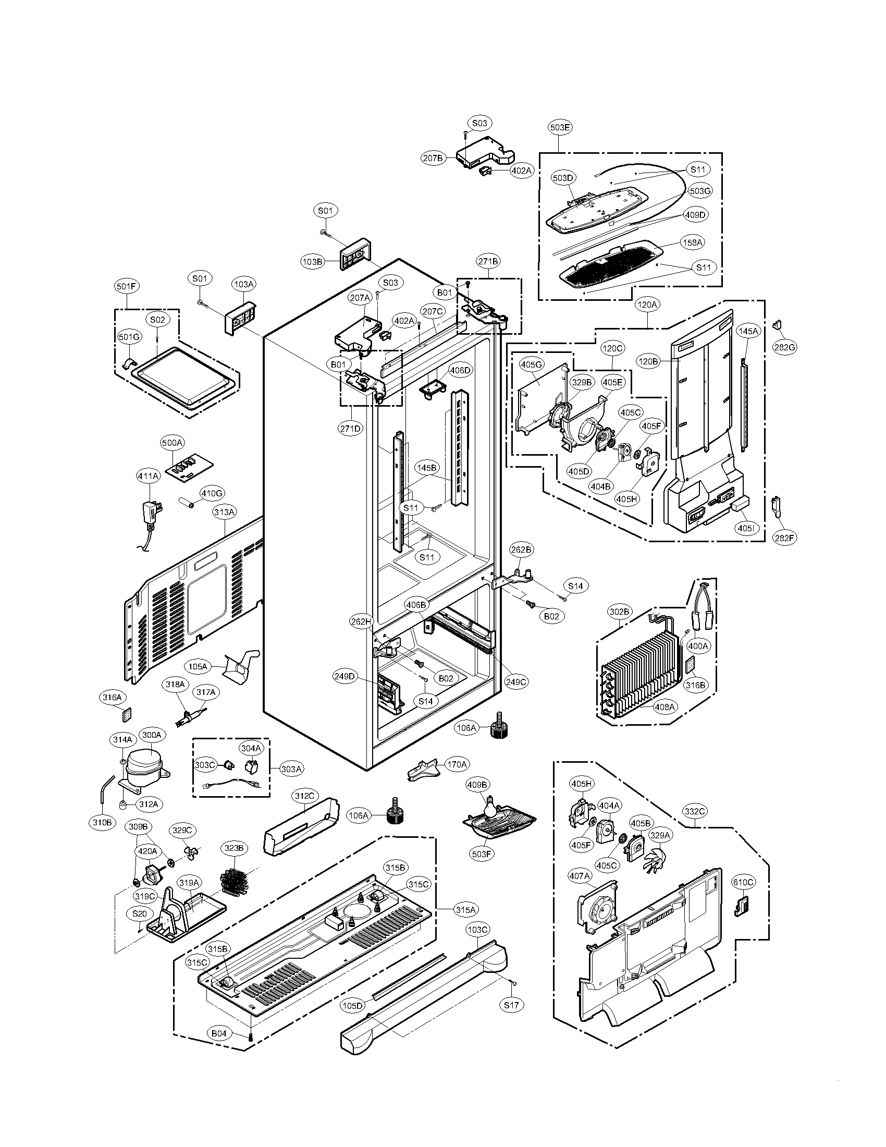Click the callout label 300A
(x=151, y=735)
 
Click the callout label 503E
(x=560, y=127)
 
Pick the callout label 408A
(x=665, y=707)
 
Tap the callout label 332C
(x=694, y=811)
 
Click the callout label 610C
(x=743, y=883)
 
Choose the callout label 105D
(x=353, y=1006)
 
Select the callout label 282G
(x=785, y=347)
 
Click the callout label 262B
(x=521, y=550)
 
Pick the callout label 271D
(x=350, y=428)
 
